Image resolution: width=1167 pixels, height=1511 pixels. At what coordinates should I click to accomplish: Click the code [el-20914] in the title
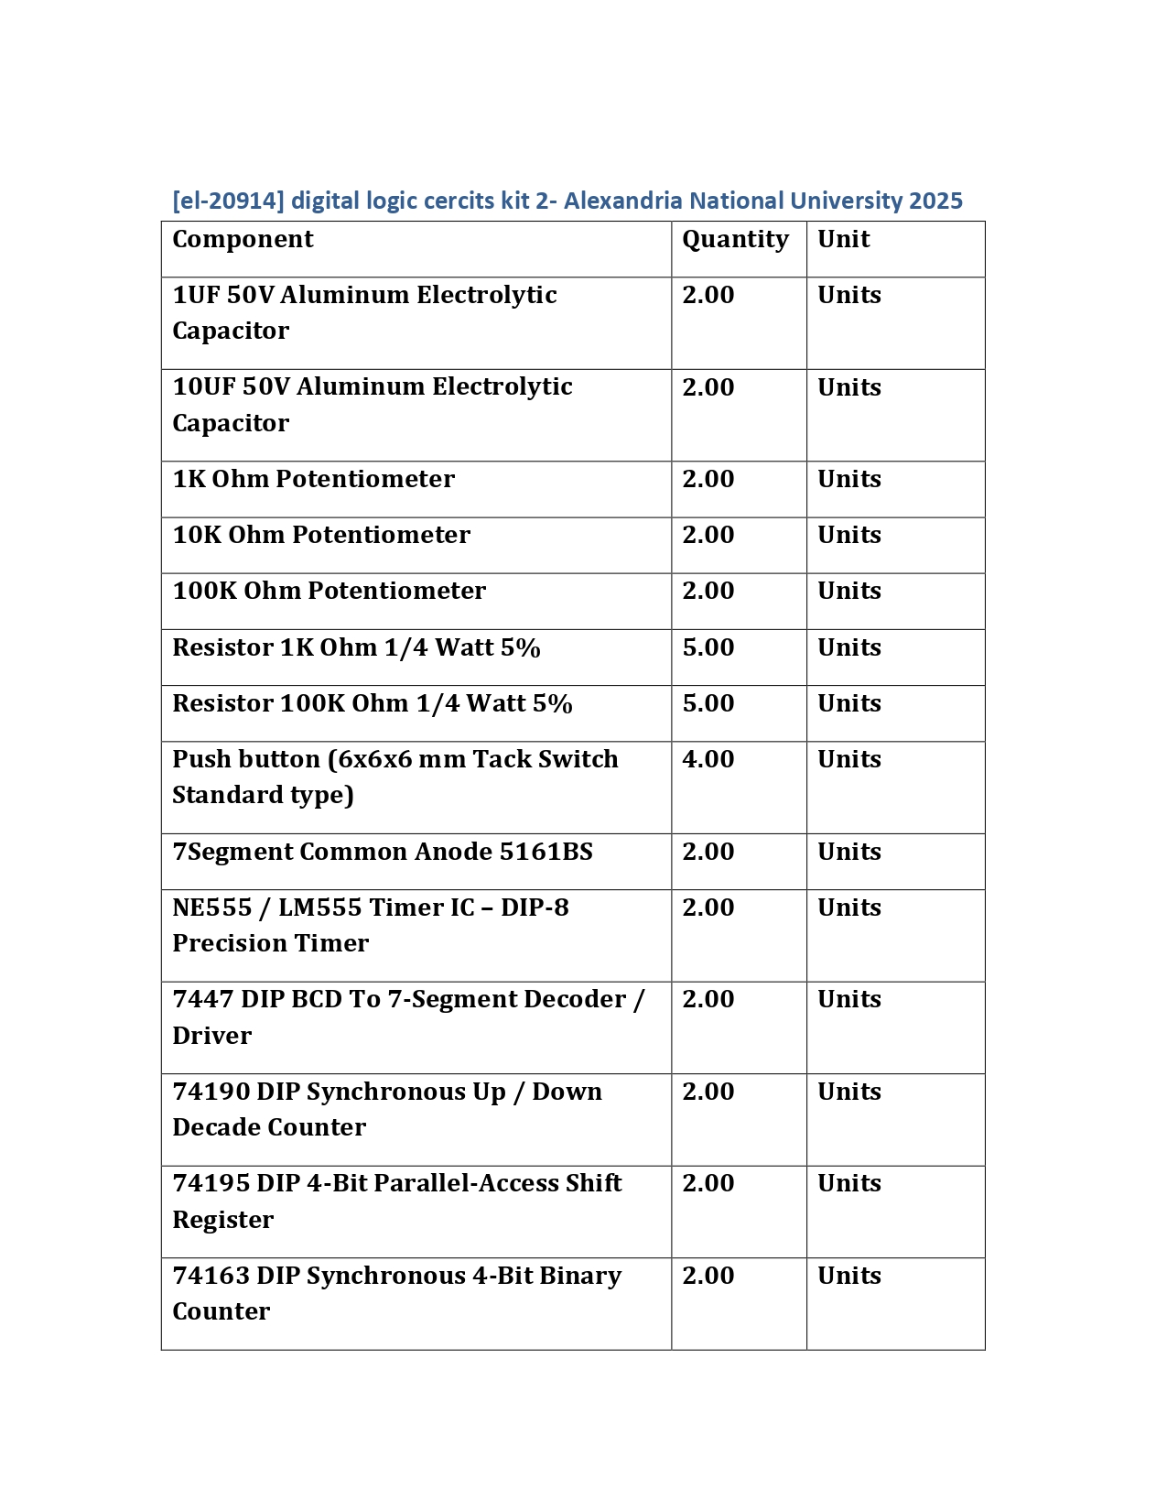(228, 201)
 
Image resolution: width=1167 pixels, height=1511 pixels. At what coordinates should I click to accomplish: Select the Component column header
(243, 239)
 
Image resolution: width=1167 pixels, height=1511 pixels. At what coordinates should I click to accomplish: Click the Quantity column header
(735, 239)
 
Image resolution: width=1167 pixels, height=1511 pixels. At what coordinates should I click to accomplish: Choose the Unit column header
(843, 239)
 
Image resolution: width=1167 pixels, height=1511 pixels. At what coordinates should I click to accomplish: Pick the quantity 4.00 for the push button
(708, 759)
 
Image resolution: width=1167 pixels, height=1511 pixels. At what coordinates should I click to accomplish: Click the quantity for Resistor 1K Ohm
(708, 647)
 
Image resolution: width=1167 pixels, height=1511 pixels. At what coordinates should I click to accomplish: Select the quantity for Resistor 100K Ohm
(708, 703)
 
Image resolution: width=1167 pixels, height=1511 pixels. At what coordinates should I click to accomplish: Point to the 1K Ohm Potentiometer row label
(313, 479)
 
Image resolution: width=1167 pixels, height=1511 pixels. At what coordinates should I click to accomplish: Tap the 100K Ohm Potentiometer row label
(329, 591)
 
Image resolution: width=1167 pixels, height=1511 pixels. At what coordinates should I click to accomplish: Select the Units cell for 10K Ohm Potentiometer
(848, 535)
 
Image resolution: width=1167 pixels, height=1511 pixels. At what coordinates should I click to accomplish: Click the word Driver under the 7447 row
(211, 1036)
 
